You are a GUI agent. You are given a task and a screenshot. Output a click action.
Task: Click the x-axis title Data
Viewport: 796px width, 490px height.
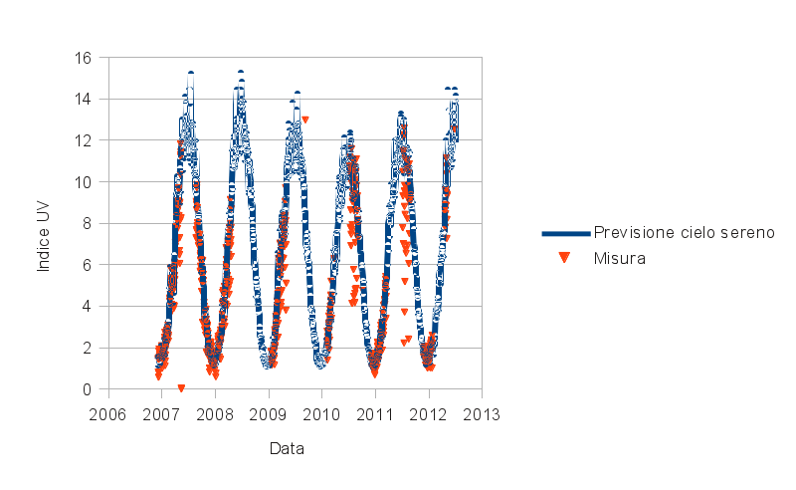coord(287,448)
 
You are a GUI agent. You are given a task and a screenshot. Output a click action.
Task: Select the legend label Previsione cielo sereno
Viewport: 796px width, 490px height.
coord(684,233)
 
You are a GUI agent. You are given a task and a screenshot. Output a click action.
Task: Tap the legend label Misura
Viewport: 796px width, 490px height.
coord(620,258)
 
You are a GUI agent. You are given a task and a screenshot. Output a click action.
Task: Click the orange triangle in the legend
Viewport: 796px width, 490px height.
coord(564,258)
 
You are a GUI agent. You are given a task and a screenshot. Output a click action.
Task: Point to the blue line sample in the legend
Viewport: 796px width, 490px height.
coord(565,233)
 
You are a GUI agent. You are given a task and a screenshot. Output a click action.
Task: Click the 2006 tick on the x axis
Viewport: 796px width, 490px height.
coord(107,413)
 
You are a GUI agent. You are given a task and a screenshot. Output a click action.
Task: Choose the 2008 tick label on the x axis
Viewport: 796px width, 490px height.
coord(215,413)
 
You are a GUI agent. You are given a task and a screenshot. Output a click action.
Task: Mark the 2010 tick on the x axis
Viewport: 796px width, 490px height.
coord(321,413)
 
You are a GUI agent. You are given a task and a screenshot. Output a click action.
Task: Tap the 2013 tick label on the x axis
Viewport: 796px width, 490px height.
coord(483,413)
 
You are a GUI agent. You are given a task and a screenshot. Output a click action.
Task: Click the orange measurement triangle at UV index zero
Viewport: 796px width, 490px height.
coord(181,387)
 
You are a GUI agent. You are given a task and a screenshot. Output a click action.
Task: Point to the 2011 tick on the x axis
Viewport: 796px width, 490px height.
coord(375,413)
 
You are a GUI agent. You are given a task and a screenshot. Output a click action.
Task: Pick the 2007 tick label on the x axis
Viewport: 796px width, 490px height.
coord(161,413)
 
